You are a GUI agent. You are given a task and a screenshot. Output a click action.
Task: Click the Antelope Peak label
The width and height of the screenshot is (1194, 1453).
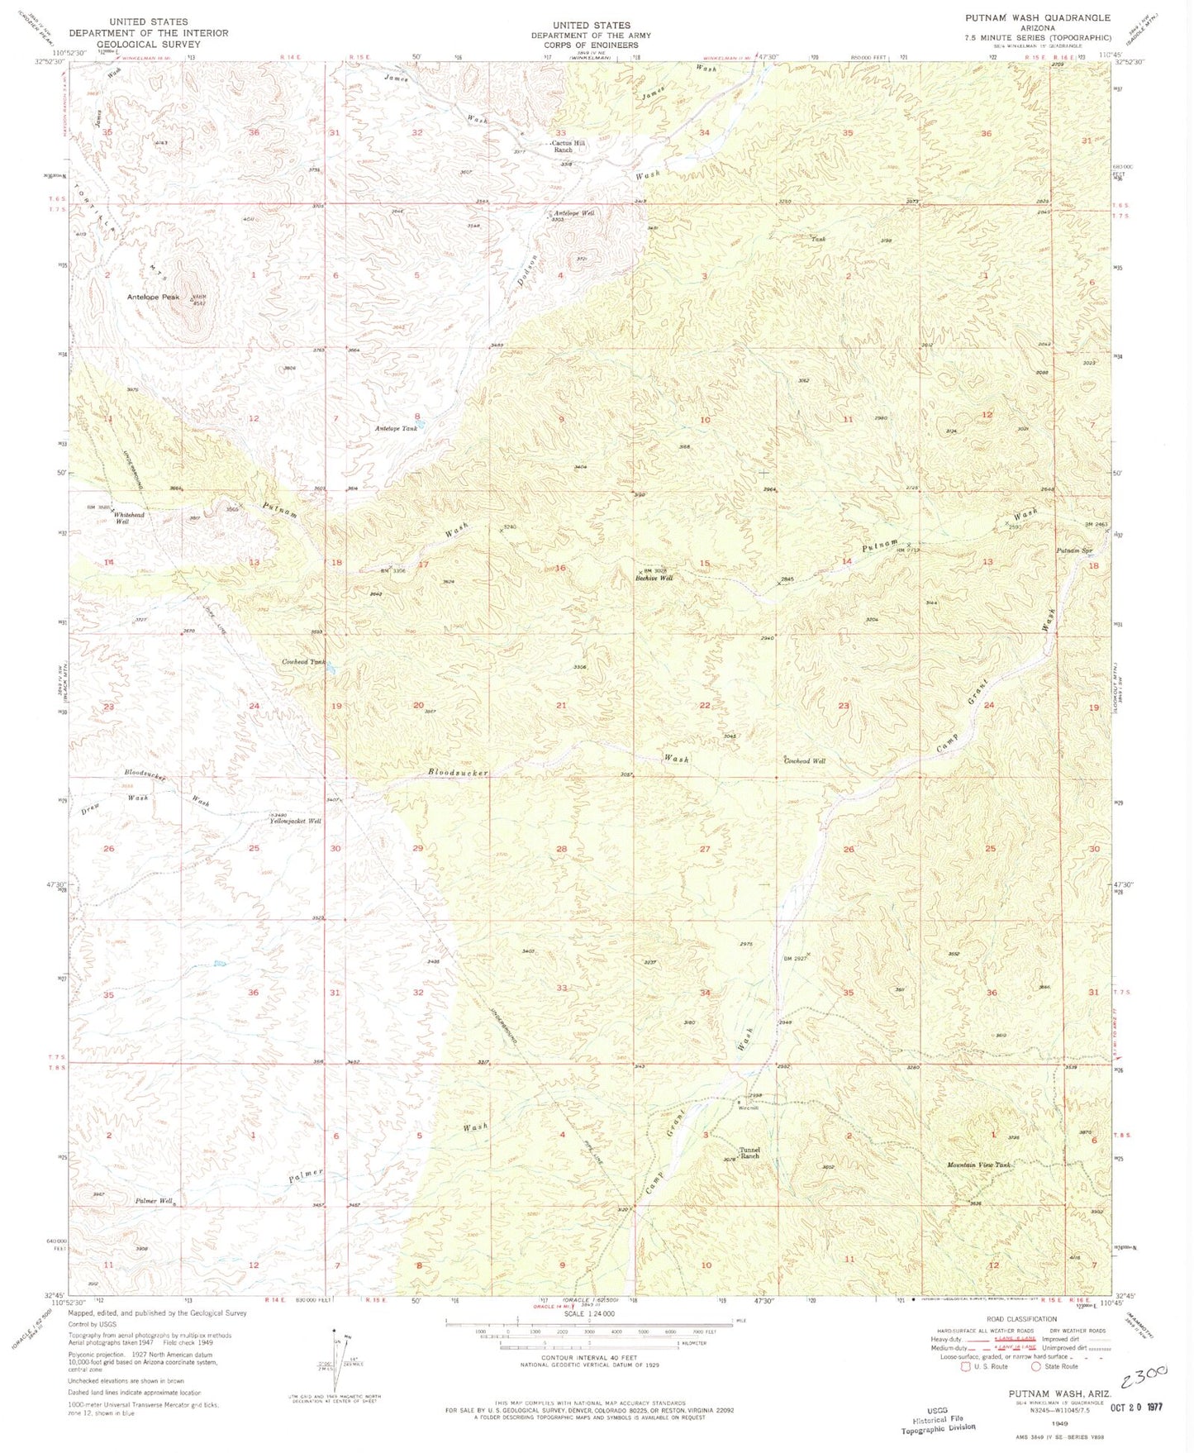[153, 297]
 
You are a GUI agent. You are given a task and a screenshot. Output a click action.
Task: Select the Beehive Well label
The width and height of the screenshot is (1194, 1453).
[654, 578]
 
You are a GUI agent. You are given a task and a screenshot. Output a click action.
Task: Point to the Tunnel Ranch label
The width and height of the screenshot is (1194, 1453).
[749, 1152]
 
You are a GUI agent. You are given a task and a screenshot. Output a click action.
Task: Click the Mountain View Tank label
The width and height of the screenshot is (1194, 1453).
[978, 1165]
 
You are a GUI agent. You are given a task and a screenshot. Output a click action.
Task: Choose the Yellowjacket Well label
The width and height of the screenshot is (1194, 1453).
[295, 821]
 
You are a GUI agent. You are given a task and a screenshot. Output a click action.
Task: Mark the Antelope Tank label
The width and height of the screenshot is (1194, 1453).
[396, 428]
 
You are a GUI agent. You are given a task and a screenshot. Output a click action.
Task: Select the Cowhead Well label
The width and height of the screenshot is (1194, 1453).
[804, 760]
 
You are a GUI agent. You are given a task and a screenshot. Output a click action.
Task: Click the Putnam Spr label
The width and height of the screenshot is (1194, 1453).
[1074, 550]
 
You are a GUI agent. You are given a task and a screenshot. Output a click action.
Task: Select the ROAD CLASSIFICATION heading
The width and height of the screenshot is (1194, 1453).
[1021, 1319]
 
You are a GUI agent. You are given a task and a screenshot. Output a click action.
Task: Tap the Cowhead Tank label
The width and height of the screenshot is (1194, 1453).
[303, 662]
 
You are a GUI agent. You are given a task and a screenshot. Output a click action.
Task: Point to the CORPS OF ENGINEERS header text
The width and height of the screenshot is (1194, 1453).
[591, 46]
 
